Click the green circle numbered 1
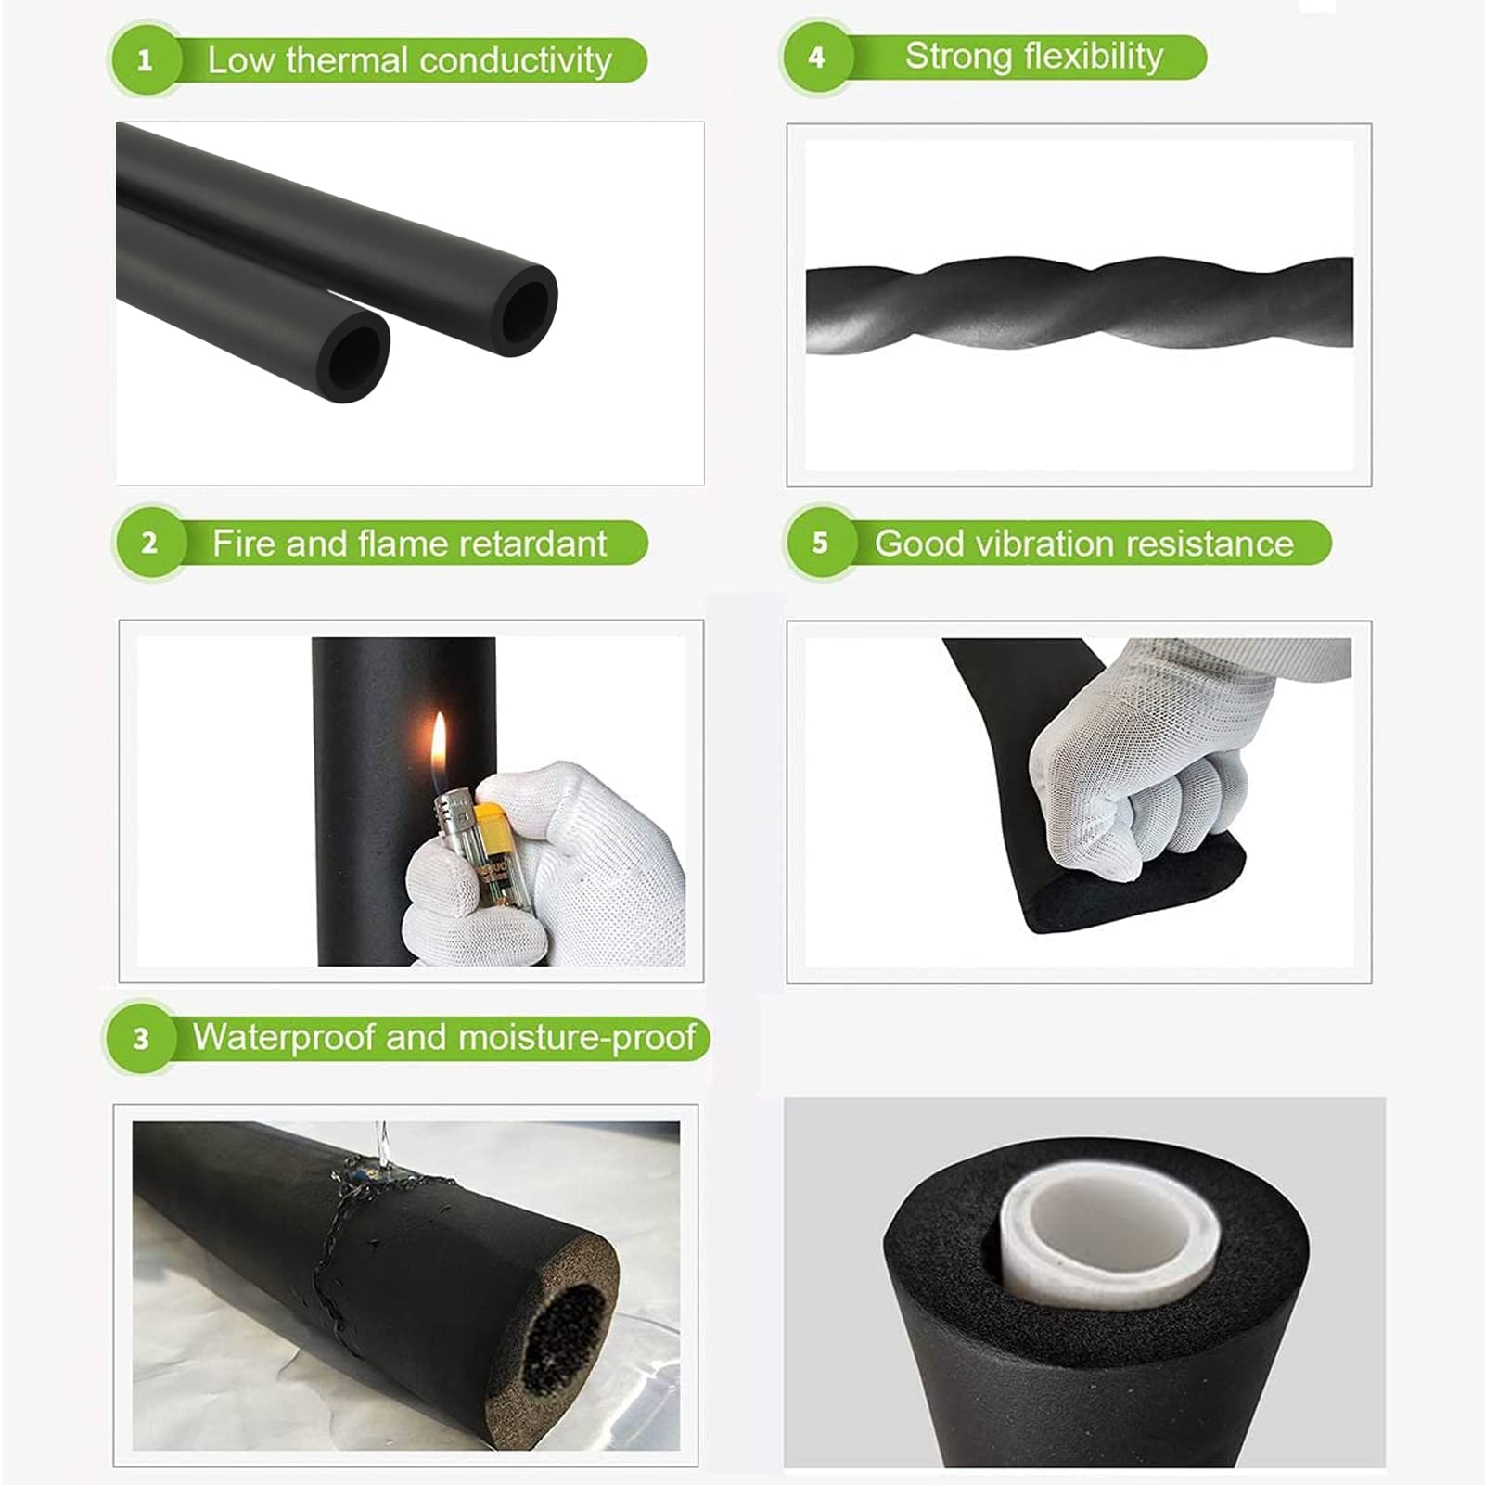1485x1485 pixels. click(145, 61)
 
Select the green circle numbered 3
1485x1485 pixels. click(141, 1038)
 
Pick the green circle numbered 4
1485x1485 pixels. click(816, 58)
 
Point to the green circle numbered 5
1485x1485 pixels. click(820, 543)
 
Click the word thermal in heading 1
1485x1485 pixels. click(346, 61)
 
